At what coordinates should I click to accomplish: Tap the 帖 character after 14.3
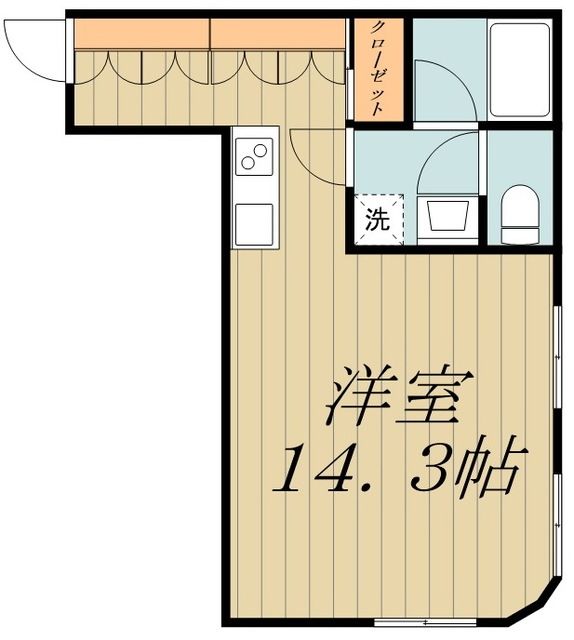pos(494,471)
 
